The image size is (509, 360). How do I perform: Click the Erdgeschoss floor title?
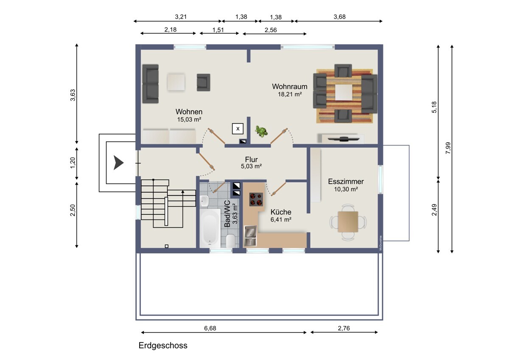[x=163, y=346]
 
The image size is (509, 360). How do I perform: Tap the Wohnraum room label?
[x=289, y=87]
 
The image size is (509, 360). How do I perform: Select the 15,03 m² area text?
[x=189, y=119]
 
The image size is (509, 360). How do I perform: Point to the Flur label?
[x=251, y=159]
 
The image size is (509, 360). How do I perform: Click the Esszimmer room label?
[x=346, y=181]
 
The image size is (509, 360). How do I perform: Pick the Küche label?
[x=281, y=212]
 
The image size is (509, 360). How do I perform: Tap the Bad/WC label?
[x=227, y=214]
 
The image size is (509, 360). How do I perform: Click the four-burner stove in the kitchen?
[x=256, y=199]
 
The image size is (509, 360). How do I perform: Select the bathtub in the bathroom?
[x=210, y=228]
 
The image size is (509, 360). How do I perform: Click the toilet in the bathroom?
[x=230, y=241]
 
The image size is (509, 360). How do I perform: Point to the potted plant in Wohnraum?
[x=261, y=131]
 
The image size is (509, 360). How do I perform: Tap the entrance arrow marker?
[x=118, y=163]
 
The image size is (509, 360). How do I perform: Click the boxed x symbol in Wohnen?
[x=238, y=129]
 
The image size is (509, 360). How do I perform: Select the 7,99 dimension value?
[x=448, y=148]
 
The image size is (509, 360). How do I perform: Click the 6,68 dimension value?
[x=210, y=328]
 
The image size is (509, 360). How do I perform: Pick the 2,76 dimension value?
[x=344, y=328]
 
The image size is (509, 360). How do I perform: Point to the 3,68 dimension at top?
[x=339, y=17]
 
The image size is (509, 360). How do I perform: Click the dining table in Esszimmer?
[x=348, y=222]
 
